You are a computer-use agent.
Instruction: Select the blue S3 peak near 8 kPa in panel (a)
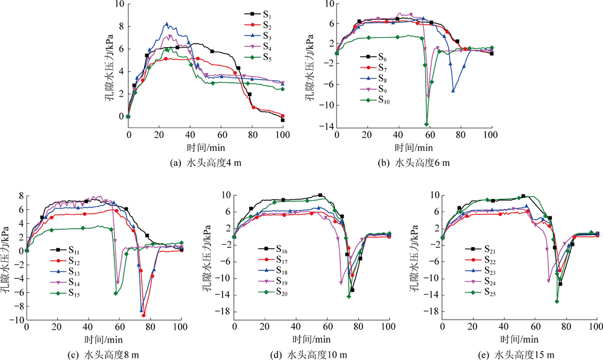(x=167, y=24)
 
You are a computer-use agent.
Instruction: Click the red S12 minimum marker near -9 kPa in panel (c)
(x=144, y=315)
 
